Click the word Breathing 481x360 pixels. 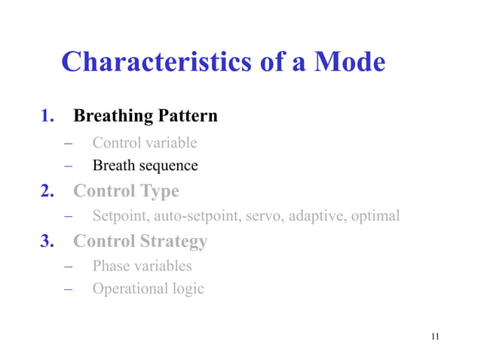coord(111,117)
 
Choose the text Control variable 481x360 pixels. coord(145,142)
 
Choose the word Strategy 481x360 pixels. coord(173,242)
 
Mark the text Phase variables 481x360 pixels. coord(142,266)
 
